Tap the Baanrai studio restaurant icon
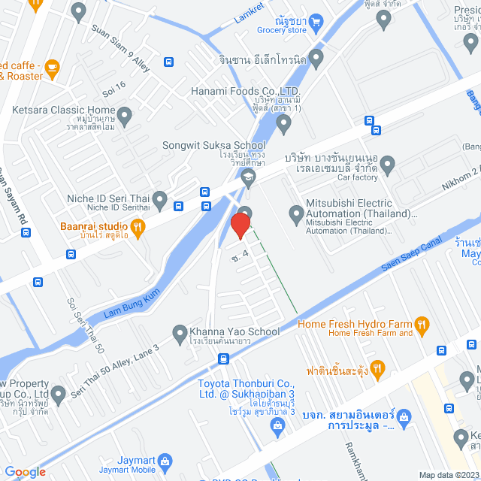coord(137,225)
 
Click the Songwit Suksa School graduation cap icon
coord(248,177)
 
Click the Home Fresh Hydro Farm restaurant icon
coord(422,325)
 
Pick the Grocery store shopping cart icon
coord(317,22)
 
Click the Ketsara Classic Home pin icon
coord(125,116)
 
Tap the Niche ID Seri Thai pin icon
coord(159,198)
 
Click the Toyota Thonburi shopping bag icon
coord(277,428)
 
